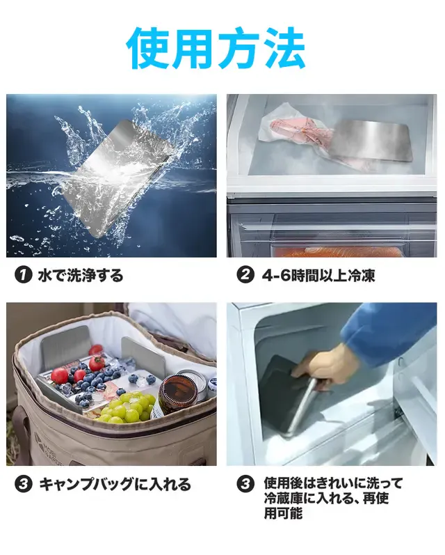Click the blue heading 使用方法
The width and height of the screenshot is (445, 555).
click(x=216, y=49)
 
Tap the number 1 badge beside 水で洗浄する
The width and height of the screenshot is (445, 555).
click(x=24, y=275)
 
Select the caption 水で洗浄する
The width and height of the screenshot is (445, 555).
click(x=81, y=275)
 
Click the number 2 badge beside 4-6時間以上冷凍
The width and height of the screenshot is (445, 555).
click(x=245, y=275)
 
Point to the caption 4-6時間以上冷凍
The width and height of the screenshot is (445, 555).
click(x=318, y=275)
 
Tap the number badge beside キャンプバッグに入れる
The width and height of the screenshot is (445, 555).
click(x=24, y=484)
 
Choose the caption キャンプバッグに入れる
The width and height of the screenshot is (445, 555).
click(x=115, y=484)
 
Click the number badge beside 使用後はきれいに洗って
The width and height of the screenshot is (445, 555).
click(x=245, y=484)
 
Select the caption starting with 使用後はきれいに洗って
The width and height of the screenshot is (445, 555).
click(x=333, y=498)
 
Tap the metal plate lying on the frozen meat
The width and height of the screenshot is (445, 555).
click(x=369, y=141)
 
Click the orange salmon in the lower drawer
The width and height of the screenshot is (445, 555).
click(x=339, y=251)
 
